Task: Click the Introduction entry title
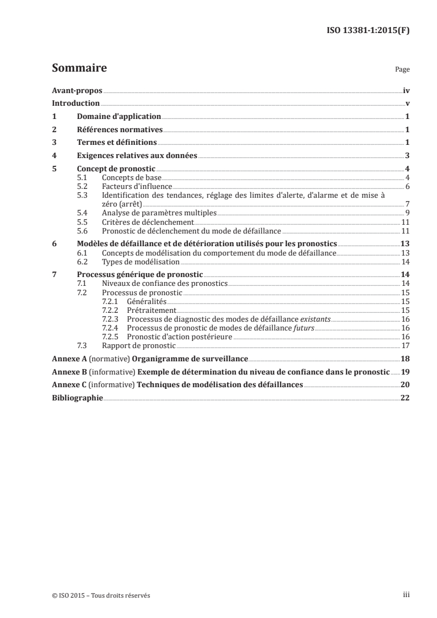75,103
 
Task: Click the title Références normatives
120,129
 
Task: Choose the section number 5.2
83,187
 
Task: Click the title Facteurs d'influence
129,187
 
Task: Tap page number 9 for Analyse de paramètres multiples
407,212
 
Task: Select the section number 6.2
83,262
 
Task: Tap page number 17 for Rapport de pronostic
406,345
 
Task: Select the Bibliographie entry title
77,398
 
